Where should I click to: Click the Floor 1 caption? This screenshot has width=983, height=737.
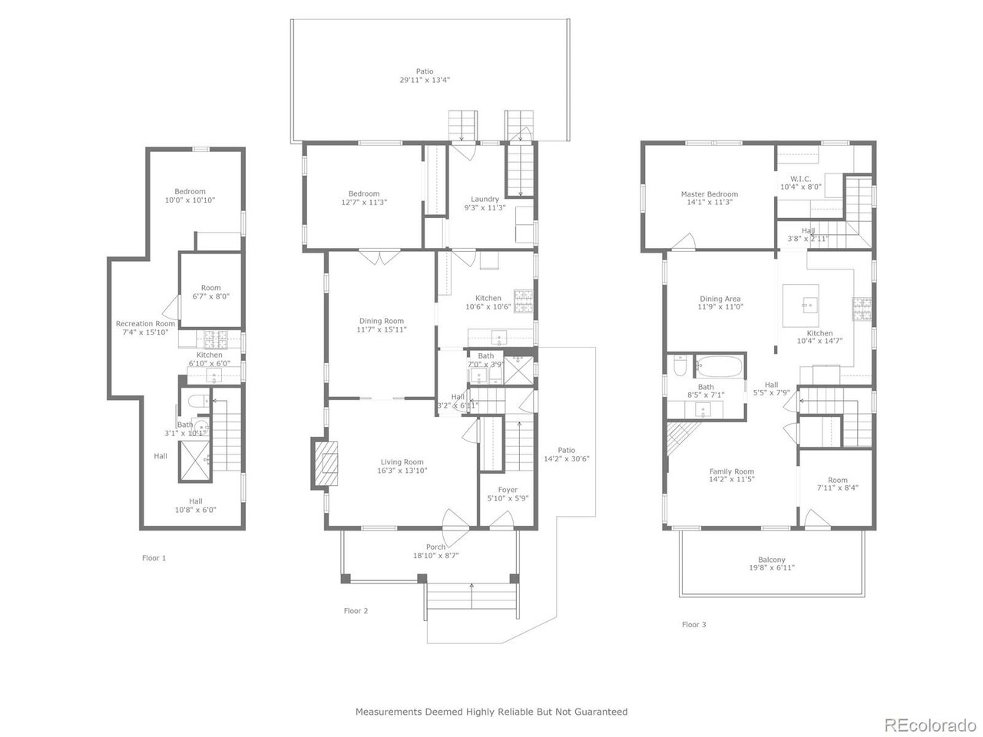click(154, 558)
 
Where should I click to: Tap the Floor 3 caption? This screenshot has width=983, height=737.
click(693, 624)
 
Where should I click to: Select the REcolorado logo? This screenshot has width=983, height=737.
click(930, 724)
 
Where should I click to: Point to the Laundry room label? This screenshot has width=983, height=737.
click(485, 199)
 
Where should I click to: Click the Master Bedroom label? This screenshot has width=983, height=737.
click(709, 194)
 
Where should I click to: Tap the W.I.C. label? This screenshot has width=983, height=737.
click(800, 178)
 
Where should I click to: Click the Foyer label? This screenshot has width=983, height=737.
click(508, 489)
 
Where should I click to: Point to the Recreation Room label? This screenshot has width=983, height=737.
click(145, 324)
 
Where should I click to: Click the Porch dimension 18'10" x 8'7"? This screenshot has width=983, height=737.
click(435, 556)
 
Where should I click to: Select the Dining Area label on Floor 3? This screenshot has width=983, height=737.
click(720, 299)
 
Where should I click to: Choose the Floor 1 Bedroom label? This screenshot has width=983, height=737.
click(190, 191)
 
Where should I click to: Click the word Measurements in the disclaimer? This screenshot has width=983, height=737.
click(387, 712)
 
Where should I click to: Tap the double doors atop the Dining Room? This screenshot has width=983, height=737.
click(378, 258)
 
